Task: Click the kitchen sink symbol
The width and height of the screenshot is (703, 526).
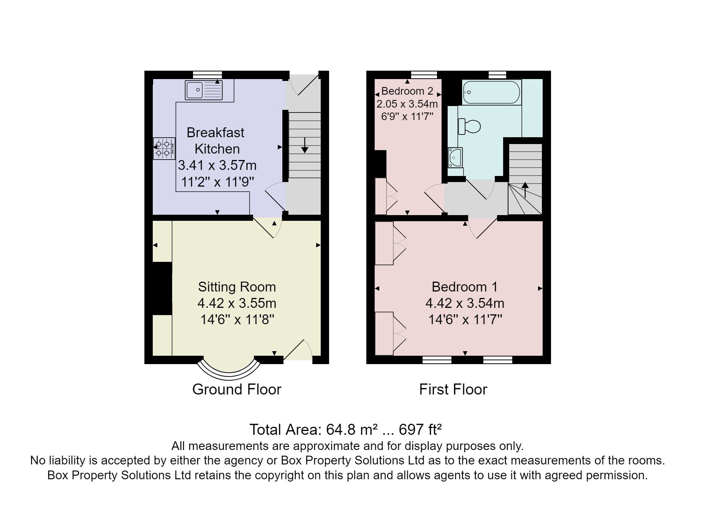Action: (203, 90)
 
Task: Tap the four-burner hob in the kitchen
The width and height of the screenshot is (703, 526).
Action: (164, 149)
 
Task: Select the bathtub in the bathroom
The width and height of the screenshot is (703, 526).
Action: (491, 92)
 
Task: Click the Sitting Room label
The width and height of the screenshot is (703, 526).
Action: (237, 287)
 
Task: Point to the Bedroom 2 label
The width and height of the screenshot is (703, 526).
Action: (407, 91)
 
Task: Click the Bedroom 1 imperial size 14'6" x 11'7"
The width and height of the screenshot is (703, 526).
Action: (465, 320)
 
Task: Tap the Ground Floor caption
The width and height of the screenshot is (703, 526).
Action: (236, 390)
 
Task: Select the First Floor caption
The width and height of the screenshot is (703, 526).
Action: (453, 390)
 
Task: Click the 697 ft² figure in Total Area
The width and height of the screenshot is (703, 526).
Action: (420, 430)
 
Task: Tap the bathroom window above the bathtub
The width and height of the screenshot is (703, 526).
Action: (497, 74)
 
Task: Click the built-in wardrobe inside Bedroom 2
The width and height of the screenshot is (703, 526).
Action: (381, 196)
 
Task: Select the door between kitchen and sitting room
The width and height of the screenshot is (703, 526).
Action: (268, 227)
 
